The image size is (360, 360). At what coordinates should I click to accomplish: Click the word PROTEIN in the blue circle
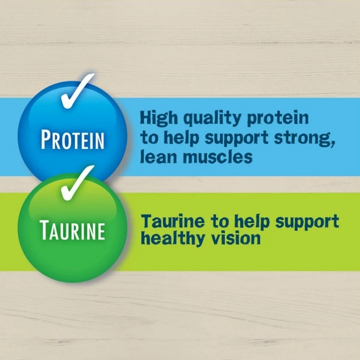[73, 139]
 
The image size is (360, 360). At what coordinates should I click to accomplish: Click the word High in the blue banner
[159, 118]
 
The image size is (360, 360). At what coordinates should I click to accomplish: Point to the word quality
[212, 119]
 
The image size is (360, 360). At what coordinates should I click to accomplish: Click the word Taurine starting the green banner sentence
[172, 221]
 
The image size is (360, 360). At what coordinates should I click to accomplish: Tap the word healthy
[172, 238]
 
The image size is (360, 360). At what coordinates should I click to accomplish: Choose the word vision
[236, 238]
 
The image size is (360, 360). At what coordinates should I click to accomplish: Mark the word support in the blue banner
[236, 138]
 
